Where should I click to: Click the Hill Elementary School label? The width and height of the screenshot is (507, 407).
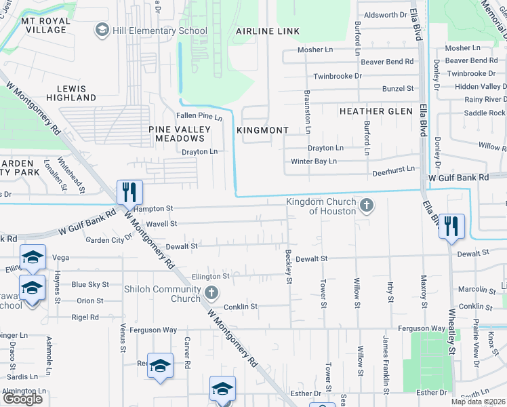160,31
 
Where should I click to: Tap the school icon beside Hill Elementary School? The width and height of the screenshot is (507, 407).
102,30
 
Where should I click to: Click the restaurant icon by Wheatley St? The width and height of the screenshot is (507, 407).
451,226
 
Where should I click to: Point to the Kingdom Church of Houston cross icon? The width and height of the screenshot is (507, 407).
366,205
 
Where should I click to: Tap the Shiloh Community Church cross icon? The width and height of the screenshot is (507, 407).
211,294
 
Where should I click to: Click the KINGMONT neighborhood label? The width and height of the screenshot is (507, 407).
263,130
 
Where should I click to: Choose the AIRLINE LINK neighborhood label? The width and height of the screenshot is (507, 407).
267,31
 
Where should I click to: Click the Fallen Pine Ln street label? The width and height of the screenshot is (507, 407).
199,117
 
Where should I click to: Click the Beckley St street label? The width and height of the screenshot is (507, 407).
289,266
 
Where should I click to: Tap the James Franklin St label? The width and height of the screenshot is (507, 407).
386,365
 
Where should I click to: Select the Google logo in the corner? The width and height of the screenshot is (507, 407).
22,399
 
